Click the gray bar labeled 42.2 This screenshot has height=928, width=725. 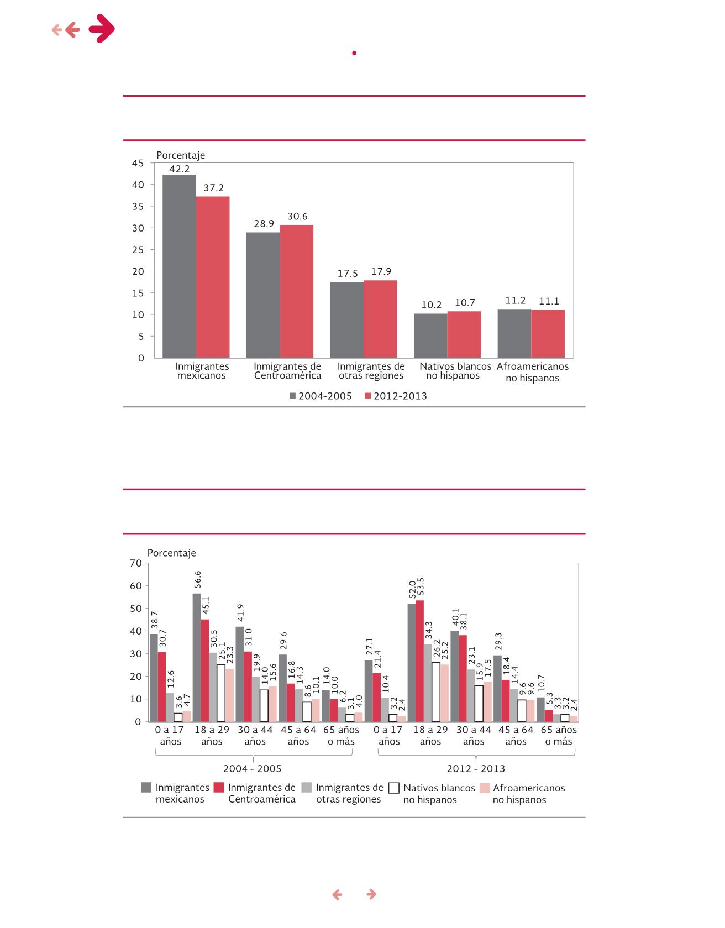(179, 266)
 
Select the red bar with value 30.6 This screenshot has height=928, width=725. (297, 291)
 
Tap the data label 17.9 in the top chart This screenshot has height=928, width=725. (381, 272)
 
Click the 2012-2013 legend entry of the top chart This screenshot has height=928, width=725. (396, 396)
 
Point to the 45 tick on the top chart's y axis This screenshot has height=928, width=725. (138, 163)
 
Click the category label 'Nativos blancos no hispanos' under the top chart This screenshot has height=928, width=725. (455, 371)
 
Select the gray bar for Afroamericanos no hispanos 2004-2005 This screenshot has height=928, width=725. (514, 333)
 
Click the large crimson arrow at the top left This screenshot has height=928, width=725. (102, 29)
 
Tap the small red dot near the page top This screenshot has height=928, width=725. (354, 53)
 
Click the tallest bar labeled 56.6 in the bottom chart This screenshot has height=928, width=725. (197, 657)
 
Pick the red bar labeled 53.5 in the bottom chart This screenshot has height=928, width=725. (419, 661)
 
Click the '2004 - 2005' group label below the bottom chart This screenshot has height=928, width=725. (252, 769)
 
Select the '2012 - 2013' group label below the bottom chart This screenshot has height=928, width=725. (476, 769)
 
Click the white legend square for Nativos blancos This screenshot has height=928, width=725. (394, 788)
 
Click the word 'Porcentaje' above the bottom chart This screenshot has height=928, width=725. (172, 553)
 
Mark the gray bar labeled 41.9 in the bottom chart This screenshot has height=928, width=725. (240, 674)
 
